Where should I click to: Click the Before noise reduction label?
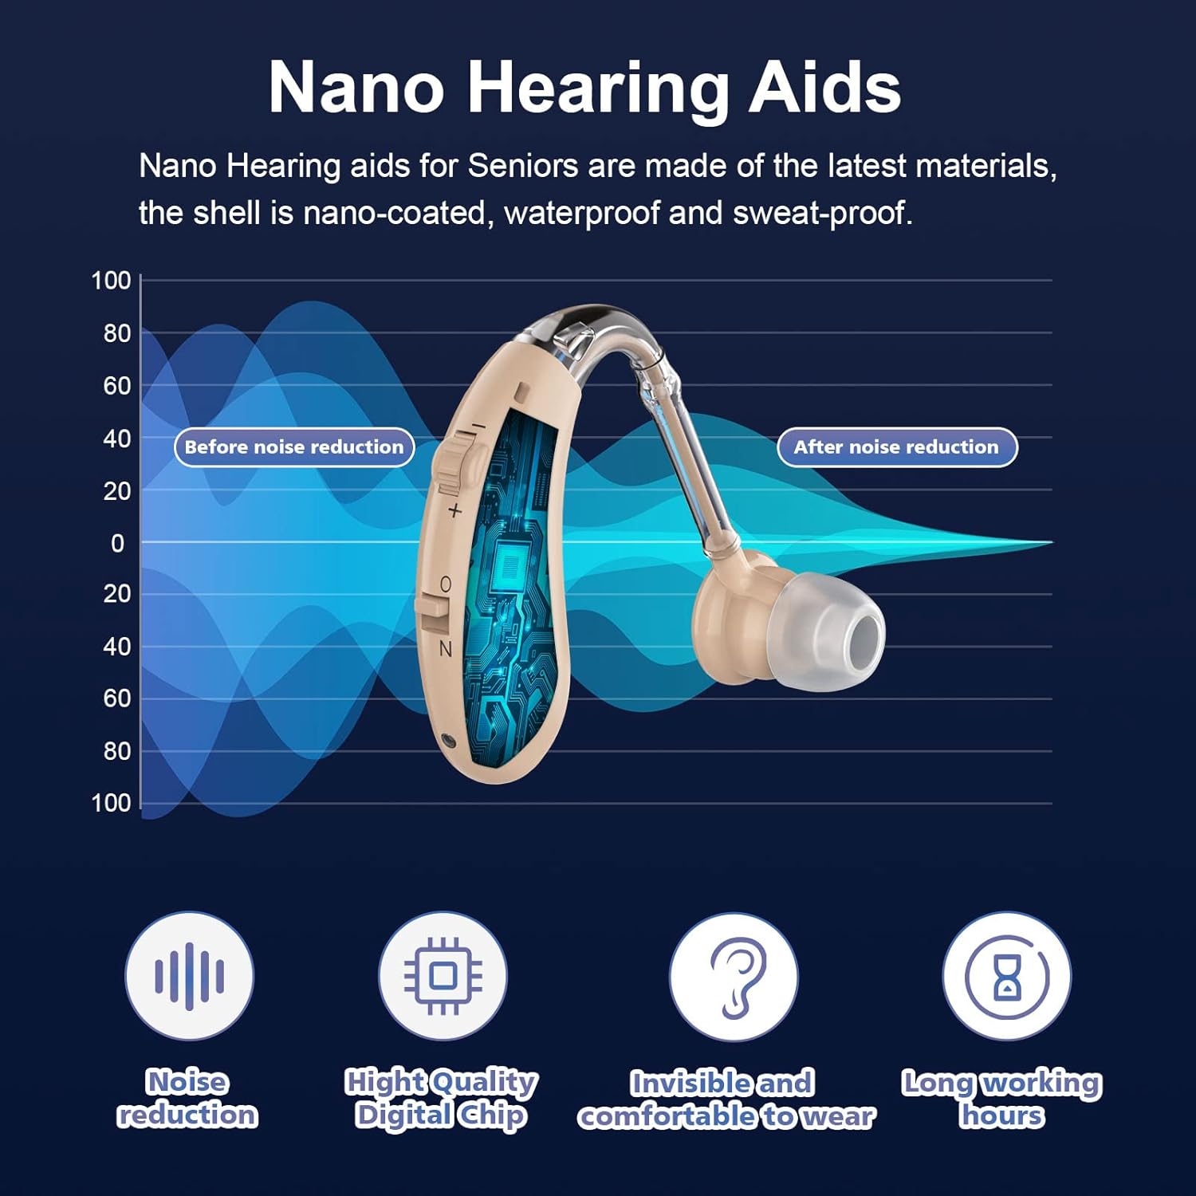[x=294, y=447]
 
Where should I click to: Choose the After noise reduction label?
[x=896, y=447]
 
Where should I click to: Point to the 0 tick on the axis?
[x=117, y=543]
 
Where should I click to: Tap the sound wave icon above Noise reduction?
[x=189, y=975]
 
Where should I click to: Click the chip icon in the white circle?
[x=443, y=975]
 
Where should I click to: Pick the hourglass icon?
[x=1007, y=976]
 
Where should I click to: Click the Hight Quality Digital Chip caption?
[x=441, y=1098]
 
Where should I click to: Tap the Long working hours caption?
[x=1001, y=1098]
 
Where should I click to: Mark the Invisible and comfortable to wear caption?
[x=726, y=1100]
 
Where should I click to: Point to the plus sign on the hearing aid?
[x=454, y=510]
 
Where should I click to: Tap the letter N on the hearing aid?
[x=446, y=649]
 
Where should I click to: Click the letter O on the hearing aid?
[x=446, y=584]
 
